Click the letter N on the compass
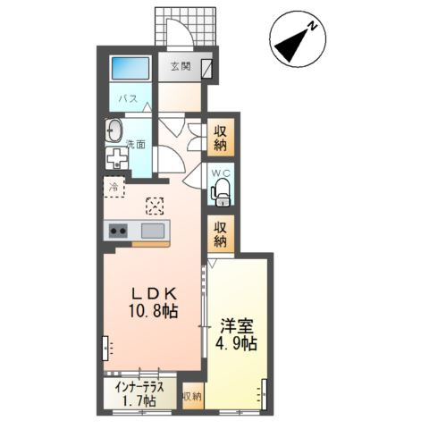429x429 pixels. [x=312, y=26]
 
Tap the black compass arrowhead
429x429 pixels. [x=290, y=46]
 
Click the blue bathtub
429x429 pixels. [x=130, y=69]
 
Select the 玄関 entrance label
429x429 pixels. [x=181, y=66]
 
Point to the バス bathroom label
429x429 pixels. [x=129, y=98]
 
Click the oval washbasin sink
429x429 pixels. [x=114, y=130]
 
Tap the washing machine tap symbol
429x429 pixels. [x=117, y=158]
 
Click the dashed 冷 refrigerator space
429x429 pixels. [x=114, y=187]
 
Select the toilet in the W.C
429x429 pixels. [x=221, y=192]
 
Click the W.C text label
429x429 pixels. [x=221, y=173]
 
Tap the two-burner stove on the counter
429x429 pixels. [x=118, y=231]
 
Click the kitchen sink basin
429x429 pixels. [x=153, y=231]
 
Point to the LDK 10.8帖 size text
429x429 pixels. [x=154, y=303]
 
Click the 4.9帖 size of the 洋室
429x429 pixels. [x=236, y=344]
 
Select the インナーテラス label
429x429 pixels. [x=139, y=387]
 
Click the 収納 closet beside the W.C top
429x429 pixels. [x=221, y=138]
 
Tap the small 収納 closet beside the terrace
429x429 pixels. [x=192, y=396]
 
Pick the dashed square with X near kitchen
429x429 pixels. [x=155, y=206]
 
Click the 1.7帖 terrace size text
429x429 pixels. [x=139, y=400]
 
